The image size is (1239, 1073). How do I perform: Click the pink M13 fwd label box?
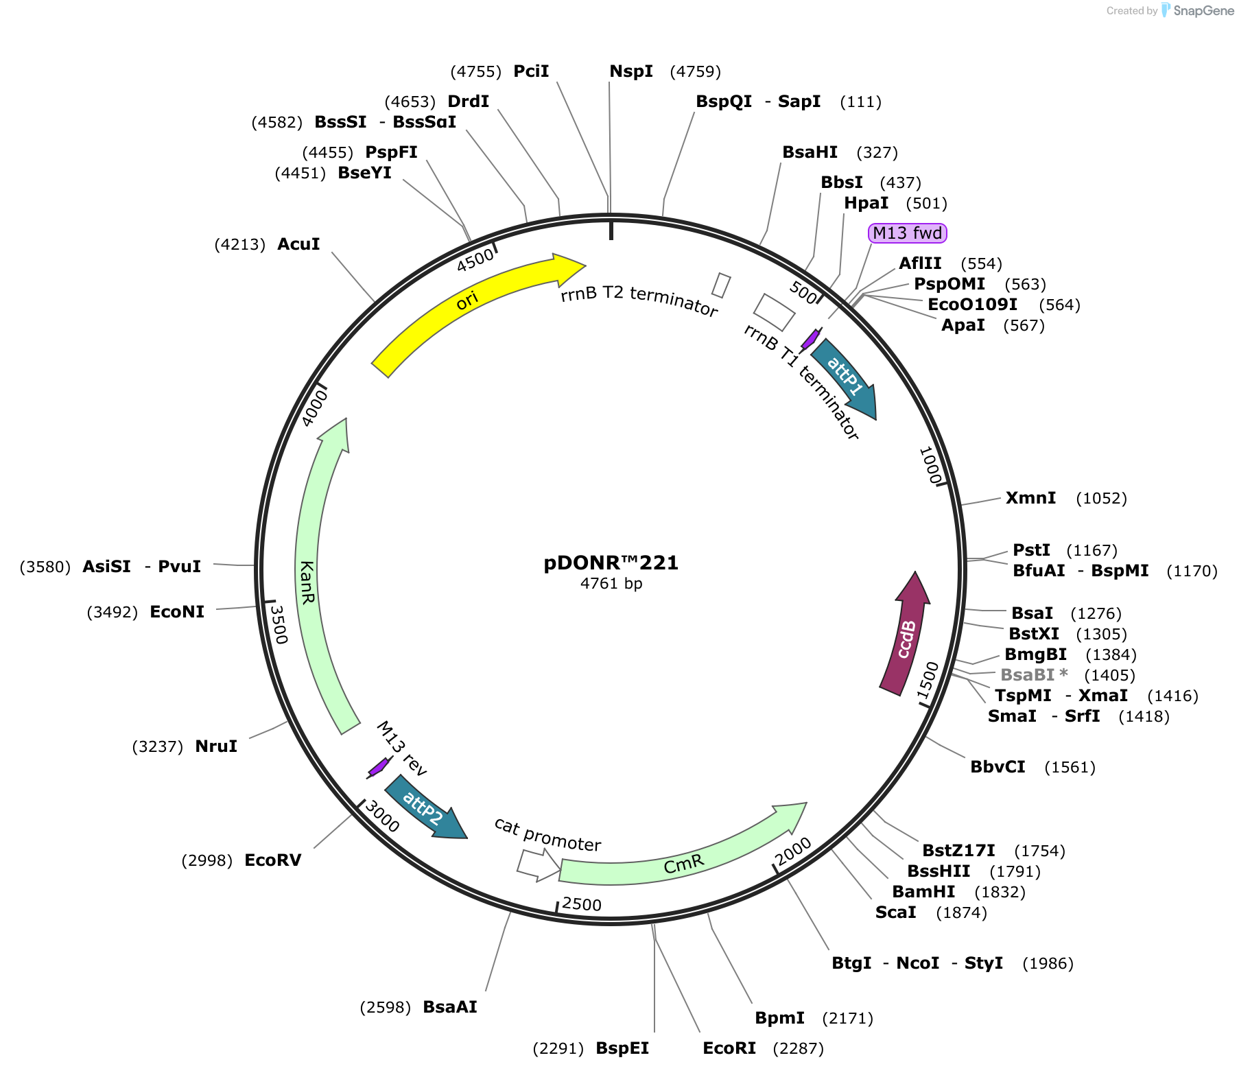pyautogui.click(x=907, y=233)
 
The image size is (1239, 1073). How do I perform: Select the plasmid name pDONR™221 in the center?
pyautogui.click(x=611, y=563)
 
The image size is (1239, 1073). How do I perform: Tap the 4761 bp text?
pyautogui.click(x=611, y=584)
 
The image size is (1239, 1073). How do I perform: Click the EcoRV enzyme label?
pyautogui.click(x=273, y=860)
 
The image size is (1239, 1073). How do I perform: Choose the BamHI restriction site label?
pyautogui.click(x=923, y=891)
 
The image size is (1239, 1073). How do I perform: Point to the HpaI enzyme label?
pyautogui.click(x=866, y=203)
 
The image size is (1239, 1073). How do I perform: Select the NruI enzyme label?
pyautogui.click(x=216, y=746)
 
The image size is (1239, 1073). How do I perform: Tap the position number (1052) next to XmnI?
pyautogui.click(x=1101, y=498)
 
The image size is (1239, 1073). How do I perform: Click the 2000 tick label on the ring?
pyautogui.click(x=793, y=851)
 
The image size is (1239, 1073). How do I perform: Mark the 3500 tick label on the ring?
pyautogui.click(x=278, y=624)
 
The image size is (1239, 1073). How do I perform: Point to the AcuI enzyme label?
pyautogui.click(x=298, y=244)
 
